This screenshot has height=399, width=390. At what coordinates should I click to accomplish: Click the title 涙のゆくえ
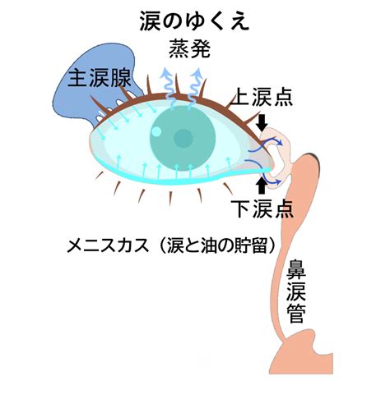click(x=194, y=21)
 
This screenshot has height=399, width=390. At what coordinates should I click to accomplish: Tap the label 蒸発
click(x=189, y=48)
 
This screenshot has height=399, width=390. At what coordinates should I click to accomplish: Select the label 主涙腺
click(x=100, y=78)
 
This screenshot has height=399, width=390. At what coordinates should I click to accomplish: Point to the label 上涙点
click(x=262, y=97)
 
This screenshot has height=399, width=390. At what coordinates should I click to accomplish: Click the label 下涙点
click(x=262, y=209)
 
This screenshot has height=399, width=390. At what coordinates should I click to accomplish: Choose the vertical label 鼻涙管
click(x=296, y=291)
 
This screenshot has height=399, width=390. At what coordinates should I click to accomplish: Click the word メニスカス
click(x=108, y=245)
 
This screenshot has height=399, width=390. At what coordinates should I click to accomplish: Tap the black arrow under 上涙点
click(x=262, y=122)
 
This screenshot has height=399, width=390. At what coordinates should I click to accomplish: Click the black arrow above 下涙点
click(x=262, y=186)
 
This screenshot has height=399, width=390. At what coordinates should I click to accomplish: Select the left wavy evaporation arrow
click(x=169, y=88)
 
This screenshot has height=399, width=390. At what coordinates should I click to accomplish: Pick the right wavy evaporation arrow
click(x=194, y=88)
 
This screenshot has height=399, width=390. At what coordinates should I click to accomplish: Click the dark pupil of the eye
click(x=183, y=139)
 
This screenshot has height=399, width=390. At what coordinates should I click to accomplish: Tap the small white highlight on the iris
click(x=156, y=132)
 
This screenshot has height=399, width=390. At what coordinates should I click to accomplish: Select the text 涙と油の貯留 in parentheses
click(x=216, y=245)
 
